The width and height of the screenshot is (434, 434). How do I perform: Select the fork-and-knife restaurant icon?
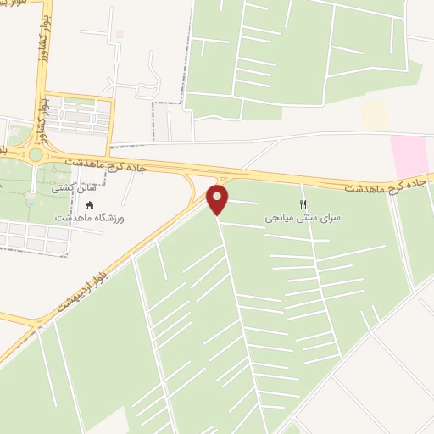(303, 204)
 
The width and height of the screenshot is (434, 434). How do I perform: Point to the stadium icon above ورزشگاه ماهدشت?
(90, 204)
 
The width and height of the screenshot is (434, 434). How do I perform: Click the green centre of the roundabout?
(35, 155)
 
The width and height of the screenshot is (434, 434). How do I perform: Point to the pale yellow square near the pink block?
(374, 116)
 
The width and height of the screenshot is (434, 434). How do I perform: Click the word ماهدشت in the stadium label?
(73, 219)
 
